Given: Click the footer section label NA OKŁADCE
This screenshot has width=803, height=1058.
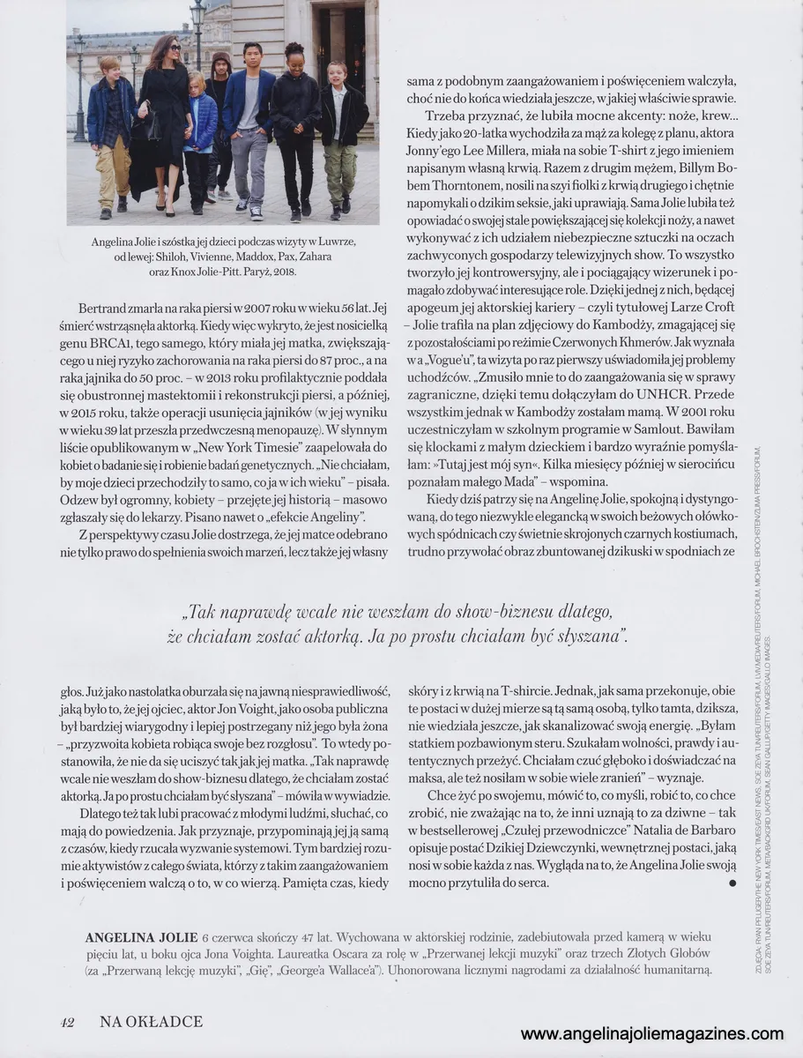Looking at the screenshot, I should [151, 1021].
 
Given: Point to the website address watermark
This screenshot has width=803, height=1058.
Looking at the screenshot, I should [651, 1034].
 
